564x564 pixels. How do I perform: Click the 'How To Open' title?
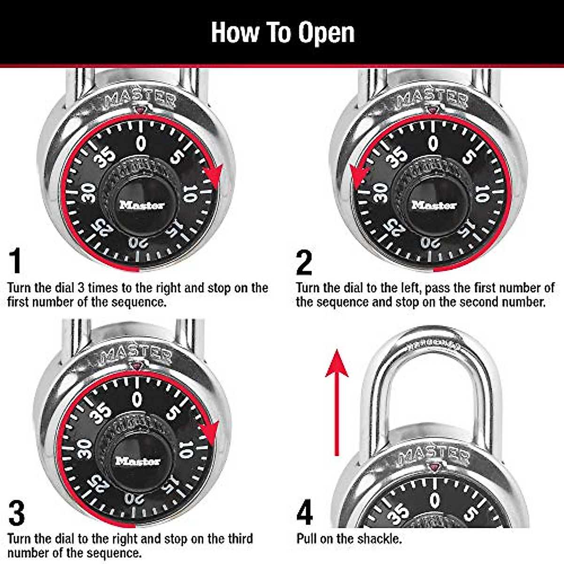point(282,32)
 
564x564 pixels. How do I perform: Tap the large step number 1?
point(16,261)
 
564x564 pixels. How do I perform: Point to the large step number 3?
point(16,513)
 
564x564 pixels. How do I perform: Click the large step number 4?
point(305,513)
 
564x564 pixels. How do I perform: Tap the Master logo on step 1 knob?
point(142,205)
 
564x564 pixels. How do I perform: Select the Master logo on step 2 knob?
point(434,205)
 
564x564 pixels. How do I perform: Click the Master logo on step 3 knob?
point(138,461)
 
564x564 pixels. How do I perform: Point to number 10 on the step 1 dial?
point(189,193)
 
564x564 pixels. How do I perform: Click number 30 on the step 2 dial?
point(380,193)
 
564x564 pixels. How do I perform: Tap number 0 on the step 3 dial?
point(137,399)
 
